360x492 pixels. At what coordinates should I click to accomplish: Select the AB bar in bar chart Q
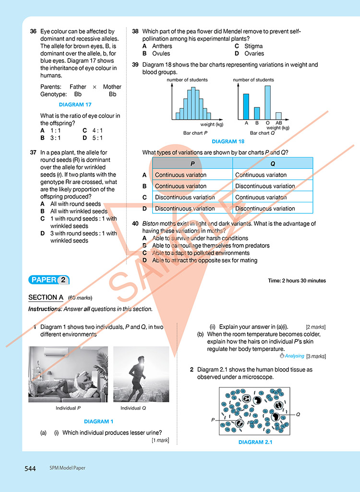point(278,116)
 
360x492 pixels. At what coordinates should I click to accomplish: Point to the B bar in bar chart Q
point(257,113)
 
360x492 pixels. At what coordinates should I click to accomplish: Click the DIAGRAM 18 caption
point(228,141)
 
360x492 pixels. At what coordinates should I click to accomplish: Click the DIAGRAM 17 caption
point(75,104)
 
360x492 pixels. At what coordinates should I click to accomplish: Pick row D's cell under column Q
point(273,209)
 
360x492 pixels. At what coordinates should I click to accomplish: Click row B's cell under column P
point(192,186)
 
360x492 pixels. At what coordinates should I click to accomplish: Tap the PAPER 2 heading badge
point(49,280)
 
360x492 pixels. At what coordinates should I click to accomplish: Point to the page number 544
point(30,469)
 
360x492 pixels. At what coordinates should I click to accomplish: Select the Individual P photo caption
point(68,408)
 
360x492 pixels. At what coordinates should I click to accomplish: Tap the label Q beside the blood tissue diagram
point(298,414)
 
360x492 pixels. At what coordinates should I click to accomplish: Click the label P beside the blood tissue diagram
point(212,420)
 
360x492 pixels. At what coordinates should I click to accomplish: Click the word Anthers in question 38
point(162,46)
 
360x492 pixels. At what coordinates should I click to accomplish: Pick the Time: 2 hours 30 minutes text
point(297,281)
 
